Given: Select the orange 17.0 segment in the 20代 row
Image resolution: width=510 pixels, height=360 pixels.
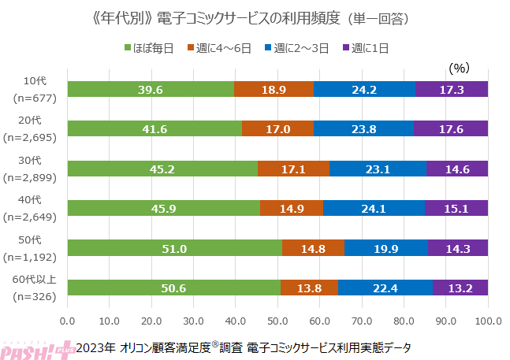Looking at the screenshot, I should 277,128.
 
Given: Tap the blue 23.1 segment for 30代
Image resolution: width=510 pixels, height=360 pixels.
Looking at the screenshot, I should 378,169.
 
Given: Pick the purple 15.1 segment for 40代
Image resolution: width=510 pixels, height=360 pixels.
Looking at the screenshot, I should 456,208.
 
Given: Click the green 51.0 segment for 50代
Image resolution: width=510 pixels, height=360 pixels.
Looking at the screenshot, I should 174,248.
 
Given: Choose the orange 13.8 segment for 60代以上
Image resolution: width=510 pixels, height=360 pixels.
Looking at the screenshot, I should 309,288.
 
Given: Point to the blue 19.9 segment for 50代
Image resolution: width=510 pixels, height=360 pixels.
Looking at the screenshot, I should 386,248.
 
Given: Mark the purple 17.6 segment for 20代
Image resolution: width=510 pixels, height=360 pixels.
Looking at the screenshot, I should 451,128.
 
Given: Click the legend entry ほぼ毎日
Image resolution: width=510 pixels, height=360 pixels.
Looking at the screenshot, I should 154,48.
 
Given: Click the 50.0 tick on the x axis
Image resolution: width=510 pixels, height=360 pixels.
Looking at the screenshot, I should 277,321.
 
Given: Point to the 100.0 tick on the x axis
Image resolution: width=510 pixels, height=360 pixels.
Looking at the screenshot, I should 487,321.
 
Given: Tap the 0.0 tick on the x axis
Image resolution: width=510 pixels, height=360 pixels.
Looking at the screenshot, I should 68,321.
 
